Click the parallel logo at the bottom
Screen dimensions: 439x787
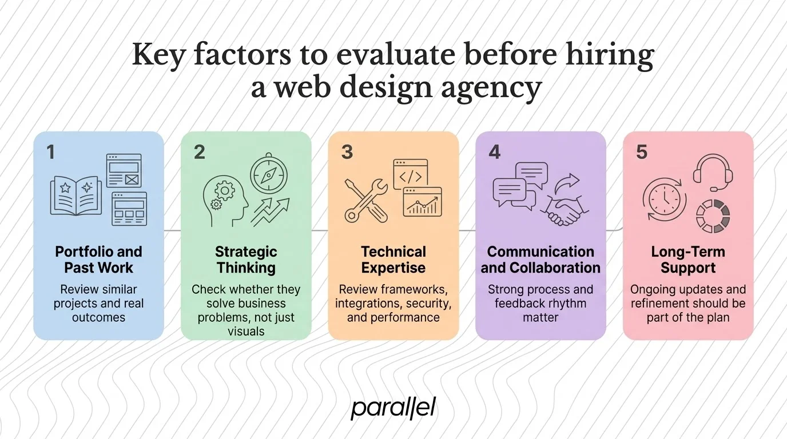point(393,408)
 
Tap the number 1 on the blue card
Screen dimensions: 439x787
point(51,152)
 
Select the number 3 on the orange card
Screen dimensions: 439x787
point(347,152)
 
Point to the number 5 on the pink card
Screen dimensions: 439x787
point(642,152)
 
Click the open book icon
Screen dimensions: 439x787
point(75,194)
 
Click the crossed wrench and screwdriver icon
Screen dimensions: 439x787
point(366,200)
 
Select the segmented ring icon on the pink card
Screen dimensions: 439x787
point(713,217)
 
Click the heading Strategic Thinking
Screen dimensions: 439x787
point(246,260)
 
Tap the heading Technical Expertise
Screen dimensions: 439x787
point(393,260)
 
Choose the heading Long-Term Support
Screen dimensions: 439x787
point(688,260)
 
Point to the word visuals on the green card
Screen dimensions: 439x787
point(246,331)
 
